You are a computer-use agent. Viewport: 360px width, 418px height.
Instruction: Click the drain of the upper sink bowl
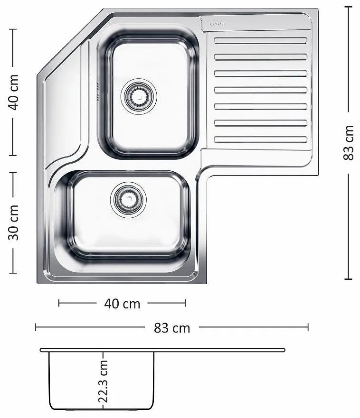[x=139, y=96]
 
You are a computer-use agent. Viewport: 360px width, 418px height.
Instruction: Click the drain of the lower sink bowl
[x=128, y=200]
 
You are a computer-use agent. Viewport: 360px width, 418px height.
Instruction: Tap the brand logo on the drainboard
[x=217, y=24]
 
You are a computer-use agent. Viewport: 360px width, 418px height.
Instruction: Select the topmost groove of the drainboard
[x=260, y=40]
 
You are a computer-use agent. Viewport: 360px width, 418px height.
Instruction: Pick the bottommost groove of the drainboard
[x=260, y=139]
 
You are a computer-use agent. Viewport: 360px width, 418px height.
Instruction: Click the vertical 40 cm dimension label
[x=14, y=92]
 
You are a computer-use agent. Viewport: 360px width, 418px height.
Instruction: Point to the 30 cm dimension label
[x=14, y=223]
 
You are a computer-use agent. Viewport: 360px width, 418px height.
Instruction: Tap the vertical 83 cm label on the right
[x=348, y=143]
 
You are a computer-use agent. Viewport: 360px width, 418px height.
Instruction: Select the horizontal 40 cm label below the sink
[x=122, y=304]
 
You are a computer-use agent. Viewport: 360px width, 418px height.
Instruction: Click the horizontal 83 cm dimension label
[x=172, y=328]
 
